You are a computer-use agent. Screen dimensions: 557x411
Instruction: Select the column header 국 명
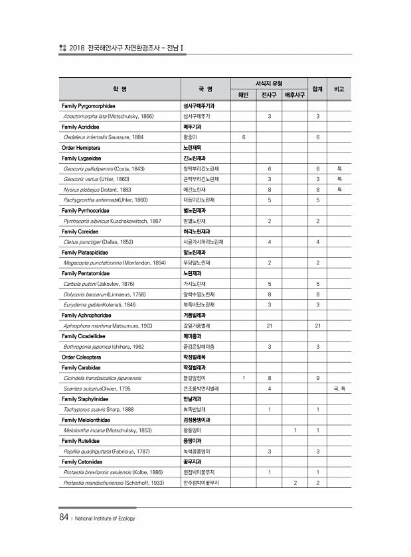click(x=205, y=89)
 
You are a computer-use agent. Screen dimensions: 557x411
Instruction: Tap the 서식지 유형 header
click(x=269, y=84)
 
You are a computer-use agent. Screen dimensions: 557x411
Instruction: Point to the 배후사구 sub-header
click(x=294, y=95)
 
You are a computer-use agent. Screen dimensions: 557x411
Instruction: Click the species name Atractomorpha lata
click(x=80, y=116)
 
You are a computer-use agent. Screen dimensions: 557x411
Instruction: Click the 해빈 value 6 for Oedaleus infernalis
click(x=244, y=137)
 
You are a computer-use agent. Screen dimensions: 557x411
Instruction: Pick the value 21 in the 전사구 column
click(x=269, y=326)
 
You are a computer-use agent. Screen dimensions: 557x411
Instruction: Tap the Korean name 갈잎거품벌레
click(x=198, y=326)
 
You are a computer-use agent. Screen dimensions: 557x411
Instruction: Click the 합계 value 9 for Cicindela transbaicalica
click(x=319, y=377)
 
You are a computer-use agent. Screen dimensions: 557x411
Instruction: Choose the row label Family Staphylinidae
click(x=85, y=399)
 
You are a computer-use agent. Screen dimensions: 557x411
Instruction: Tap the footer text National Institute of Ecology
click(x=105, y=519)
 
